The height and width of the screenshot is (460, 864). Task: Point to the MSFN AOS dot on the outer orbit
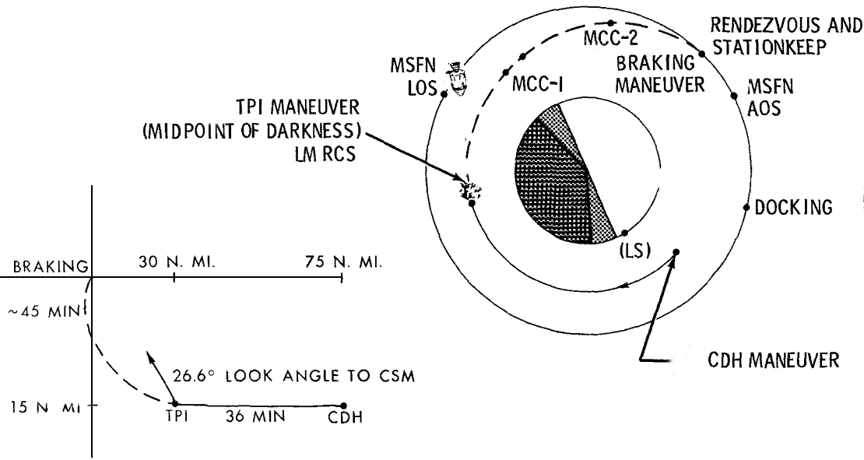[x=736, y=96]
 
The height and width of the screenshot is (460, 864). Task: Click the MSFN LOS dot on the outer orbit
[x=444, y=94]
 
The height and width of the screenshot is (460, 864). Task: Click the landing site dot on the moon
[x=623, y=233]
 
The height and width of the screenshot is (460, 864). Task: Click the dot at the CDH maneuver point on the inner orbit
[x=676, y=251]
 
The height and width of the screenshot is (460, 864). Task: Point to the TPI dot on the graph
[x=174, y=404]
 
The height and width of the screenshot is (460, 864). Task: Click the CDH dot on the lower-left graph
[x=342, y=404]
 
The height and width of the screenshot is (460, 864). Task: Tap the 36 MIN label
[x=257, y=416]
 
